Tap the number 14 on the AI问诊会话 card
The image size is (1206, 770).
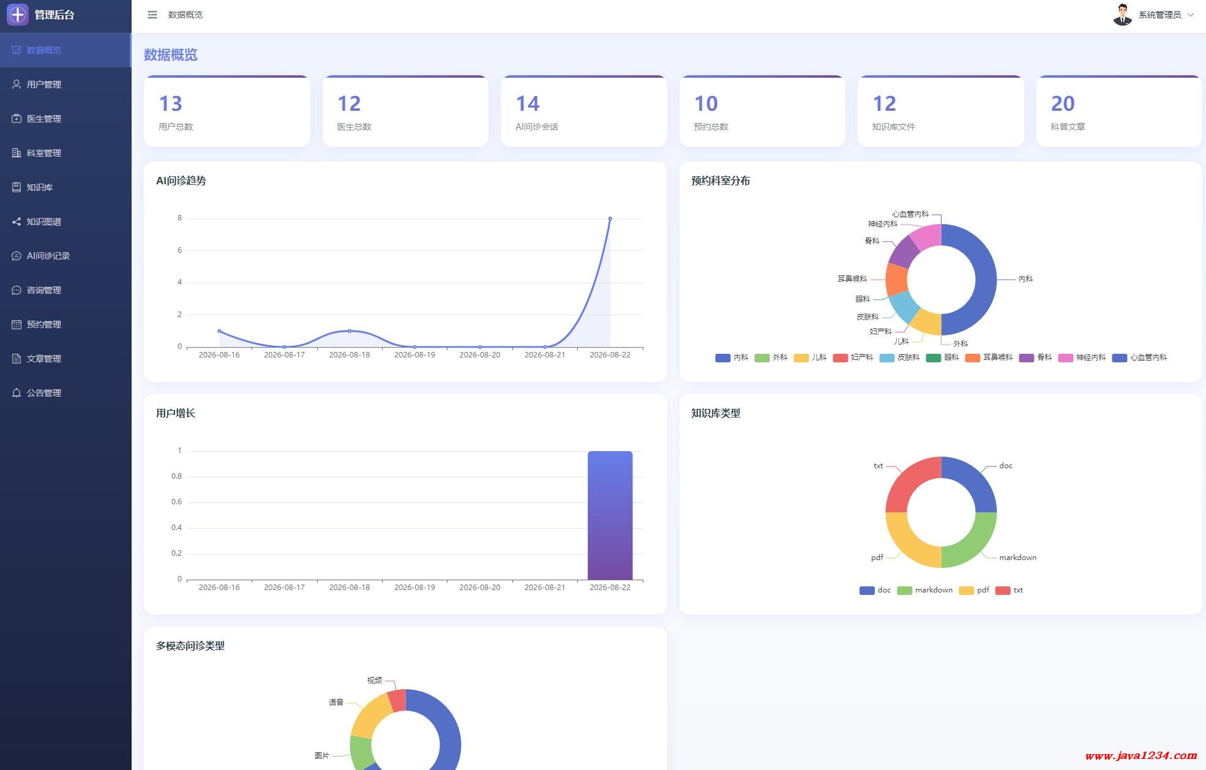point(528,103)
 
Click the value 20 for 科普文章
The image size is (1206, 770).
point(1063,103)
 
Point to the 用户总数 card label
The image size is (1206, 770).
point(176,127)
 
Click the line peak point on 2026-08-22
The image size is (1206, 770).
point(610,219)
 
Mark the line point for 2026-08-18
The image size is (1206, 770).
point(350,331)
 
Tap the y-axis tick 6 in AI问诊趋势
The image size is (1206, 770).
point(179,250)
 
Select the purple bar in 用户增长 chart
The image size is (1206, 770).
point(610,515)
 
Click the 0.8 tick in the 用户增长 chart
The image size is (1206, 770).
point(176,476)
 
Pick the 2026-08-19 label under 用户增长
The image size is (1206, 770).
point(414,588)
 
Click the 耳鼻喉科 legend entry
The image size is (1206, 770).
point(989,357)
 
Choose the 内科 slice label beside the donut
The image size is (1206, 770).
point(1025,279)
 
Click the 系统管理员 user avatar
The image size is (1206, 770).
point(1122,15)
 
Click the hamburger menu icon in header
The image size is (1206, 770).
point(152,15)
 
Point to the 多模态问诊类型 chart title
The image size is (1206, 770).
point(190,646)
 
